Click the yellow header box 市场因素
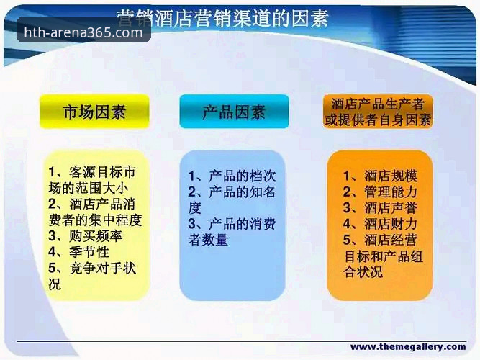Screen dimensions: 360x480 [x=95, y=112]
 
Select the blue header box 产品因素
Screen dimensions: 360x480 [x=234, y=112]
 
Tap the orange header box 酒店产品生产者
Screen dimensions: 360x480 [x=378, y=104]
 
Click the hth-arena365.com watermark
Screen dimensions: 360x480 [x=83, y=32]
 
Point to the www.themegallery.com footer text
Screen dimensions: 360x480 [x=407, y=347]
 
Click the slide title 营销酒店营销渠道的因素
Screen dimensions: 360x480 [x=222, y=17]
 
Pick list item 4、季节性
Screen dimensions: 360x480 [x=79, y=251]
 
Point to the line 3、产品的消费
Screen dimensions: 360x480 [x=232, y=224]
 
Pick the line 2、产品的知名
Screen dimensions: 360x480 [x=232, y=192]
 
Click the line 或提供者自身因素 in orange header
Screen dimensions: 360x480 [x=378, y=120]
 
